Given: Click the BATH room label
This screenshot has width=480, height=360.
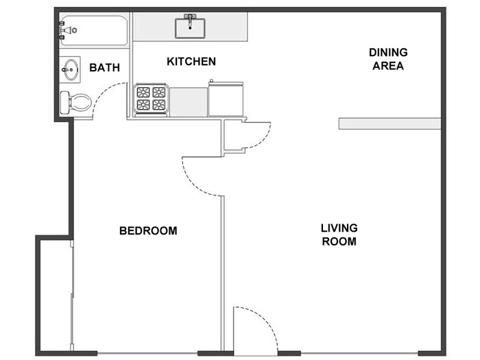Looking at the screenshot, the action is tap(104, 68).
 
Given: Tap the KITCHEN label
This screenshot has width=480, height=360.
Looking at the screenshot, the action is tap(191, 62).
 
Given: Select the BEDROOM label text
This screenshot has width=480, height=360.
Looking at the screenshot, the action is tap(148, 230).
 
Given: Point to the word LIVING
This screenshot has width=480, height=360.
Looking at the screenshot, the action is tap(339, 228).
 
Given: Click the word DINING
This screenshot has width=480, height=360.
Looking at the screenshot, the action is tap(388, 52).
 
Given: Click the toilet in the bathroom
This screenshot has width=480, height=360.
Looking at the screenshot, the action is tap(75, 103).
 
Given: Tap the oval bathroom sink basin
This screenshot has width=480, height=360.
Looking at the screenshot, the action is tap(71, 69).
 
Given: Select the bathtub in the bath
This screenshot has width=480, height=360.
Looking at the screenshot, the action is tap(94, 30).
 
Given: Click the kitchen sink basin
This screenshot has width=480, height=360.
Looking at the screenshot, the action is tap(190, 28).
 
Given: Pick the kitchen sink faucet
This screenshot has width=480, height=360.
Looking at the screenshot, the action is tap(190, 20).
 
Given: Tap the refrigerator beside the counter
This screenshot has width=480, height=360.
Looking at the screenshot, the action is tap(226, 99).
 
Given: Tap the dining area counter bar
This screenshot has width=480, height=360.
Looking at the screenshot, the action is tap(389, 123).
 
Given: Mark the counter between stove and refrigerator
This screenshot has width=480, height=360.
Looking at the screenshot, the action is tap(189, 102).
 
